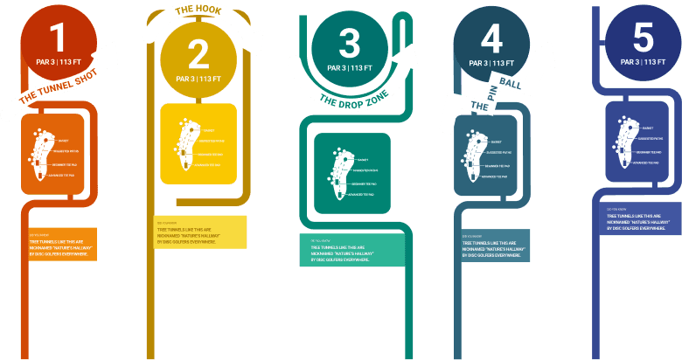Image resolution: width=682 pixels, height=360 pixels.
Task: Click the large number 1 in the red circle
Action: pyautogui.click(x=59, y=38)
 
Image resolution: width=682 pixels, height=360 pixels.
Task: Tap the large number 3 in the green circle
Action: pyautogui.click(x=349, y=44)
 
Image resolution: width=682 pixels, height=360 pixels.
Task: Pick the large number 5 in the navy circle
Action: pyautogui.click(x=643, y=38)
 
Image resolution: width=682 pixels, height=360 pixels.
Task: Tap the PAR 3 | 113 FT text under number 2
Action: pyautogui.click(x=198, y=79)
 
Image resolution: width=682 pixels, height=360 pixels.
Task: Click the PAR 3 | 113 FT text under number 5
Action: pyautogui.click(x=643, y=62)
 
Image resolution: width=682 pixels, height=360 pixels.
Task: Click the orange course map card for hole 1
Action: pyautogui.click(x=52, y=154)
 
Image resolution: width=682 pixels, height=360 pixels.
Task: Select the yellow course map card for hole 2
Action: pyautogui.click(x=198, y=143)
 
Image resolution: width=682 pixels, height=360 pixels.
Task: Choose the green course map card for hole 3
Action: pyautogui.click(x=352, y=173)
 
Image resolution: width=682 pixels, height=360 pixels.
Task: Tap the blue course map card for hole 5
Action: pyautogui.click(x=643, y=143)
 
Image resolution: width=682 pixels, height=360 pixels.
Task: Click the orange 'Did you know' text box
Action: pyautogui.click(x=61, y=246)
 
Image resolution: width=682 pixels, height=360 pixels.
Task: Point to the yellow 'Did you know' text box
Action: pyautogui.click(x=198, y=232)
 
